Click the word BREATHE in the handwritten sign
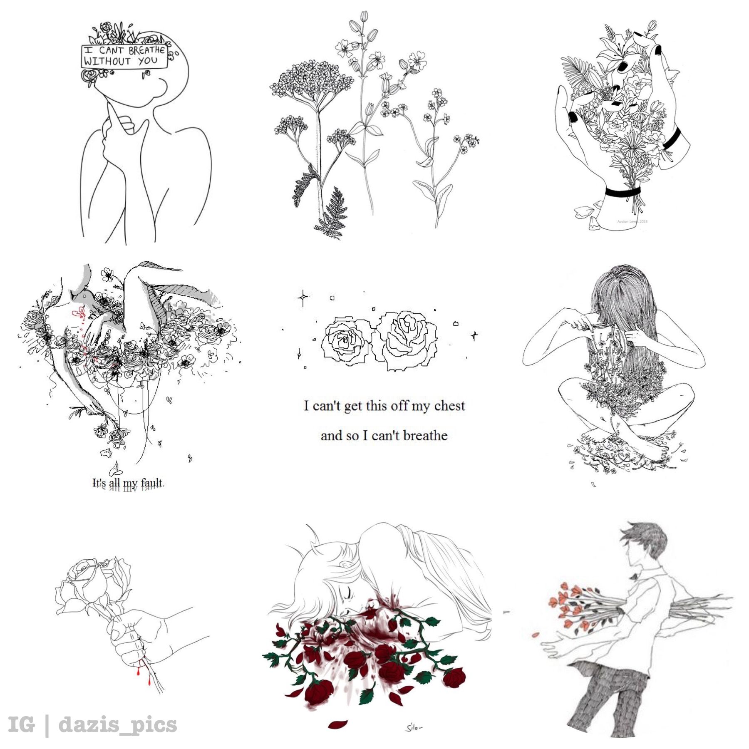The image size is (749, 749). pyautogui.click(x=146, y=50)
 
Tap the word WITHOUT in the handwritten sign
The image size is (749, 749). pyautogui.click(x=107, y=61)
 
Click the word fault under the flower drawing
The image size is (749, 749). pyautogui.click(x=152, y=483)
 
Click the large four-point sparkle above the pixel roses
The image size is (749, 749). pyautogui.click(x=303, y=297)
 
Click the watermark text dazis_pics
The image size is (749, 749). pyautogui.click(x=118, y=724)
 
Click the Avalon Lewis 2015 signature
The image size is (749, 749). pyautogui.click(x=632, y=221)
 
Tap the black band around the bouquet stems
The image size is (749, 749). pyautogui.click(x=623, y=192)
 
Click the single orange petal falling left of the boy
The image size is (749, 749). pyautogui.click(x=536, y=635)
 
